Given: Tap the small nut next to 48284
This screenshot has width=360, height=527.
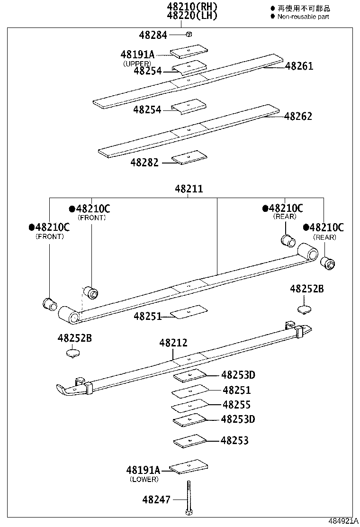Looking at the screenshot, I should click(x=189, y=34).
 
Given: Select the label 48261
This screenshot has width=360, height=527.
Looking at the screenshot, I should click(x=299, y=66).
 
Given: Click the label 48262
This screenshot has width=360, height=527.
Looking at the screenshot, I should click(x=298, y=117).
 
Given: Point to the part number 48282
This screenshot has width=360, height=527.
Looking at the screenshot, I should click(x=145, y=163).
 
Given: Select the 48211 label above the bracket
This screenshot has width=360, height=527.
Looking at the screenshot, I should click(x=189, y=189).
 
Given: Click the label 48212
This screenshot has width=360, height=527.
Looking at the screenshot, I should click(x=173, y=343).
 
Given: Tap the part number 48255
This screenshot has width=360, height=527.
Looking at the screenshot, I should click(x=236, y=405).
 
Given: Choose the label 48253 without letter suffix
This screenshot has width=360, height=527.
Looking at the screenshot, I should click(x=234, y=441).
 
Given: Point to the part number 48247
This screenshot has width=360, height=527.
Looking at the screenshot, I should click(x=157, y=499).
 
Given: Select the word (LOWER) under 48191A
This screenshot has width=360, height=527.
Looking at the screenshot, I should click(x=144, y=479).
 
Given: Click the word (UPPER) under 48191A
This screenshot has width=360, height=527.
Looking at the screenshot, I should click(x=137, y=64).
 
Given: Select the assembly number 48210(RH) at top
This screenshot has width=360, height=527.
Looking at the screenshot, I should click(x=192, y=7).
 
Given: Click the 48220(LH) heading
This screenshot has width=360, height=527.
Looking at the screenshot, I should click(x=192, y=15).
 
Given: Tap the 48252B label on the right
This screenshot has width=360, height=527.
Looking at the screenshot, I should click(x=306, y=288).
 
